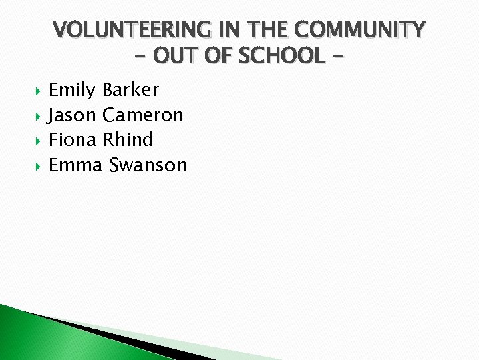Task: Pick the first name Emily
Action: click(x=73, y=90)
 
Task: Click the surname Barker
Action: click(x=131, y=90)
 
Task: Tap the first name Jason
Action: click(x=73, y=115)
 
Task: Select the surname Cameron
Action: click(x=142, y=115)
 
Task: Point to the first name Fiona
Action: click(x=74, y=140)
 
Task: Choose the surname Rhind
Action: click(x=128, y=140)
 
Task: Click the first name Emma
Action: click(x=76, y=165)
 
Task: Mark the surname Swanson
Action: click(x=148, y=165)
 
